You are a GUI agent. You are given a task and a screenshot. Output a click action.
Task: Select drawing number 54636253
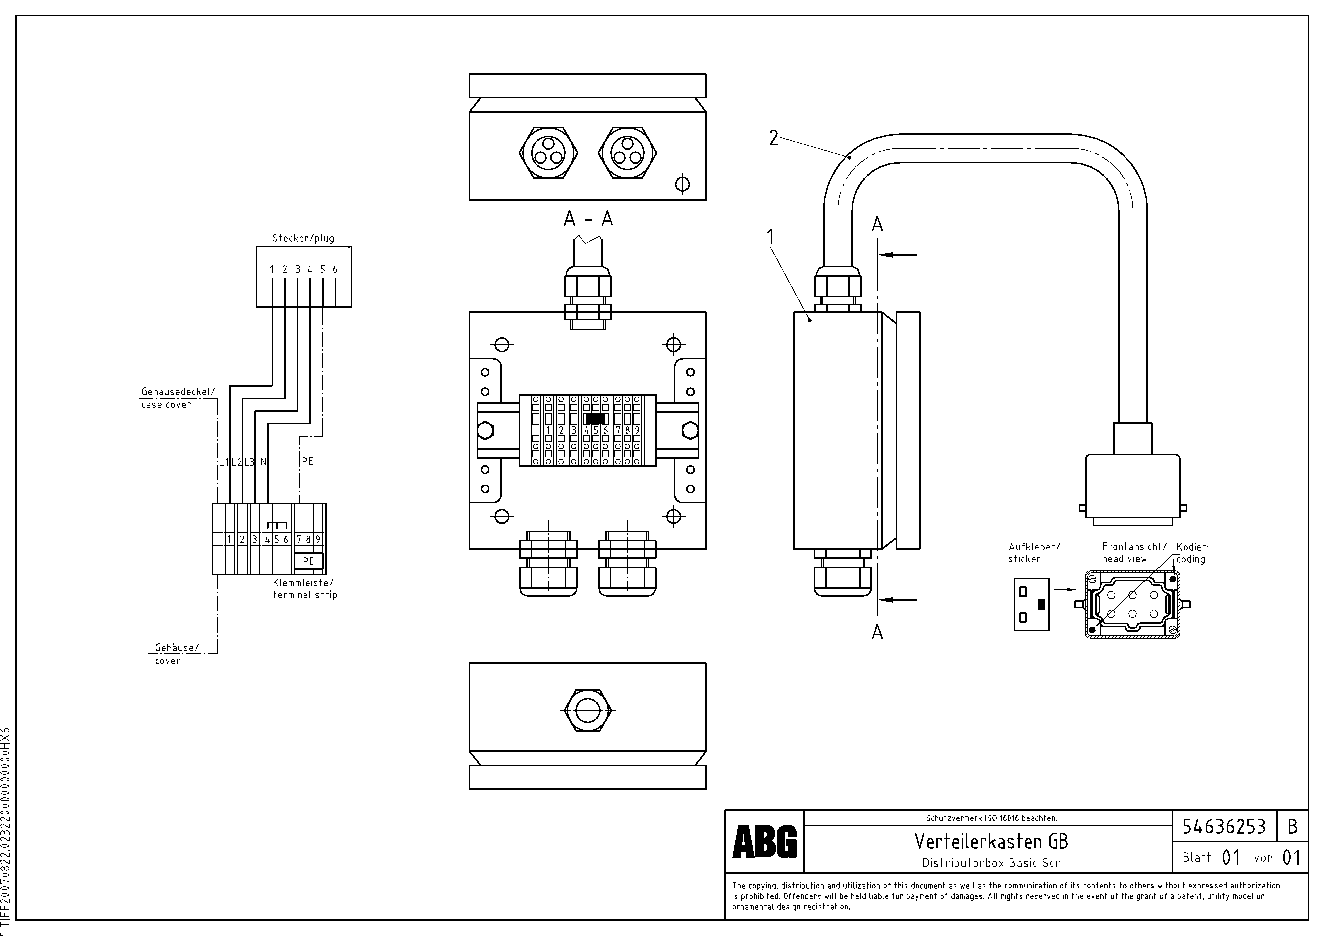(1224, 827)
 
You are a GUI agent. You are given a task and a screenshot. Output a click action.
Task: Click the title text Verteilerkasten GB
(991, 842)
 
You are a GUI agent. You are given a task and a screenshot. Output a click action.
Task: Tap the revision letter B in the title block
(1292, 827)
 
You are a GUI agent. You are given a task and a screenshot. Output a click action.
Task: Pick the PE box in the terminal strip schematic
(308, 561)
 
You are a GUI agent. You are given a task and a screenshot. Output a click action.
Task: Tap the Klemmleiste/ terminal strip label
(304, 588)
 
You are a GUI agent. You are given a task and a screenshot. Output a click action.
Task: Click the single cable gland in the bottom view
(588, 710)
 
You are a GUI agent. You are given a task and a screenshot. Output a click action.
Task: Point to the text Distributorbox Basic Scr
(991, 863)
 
